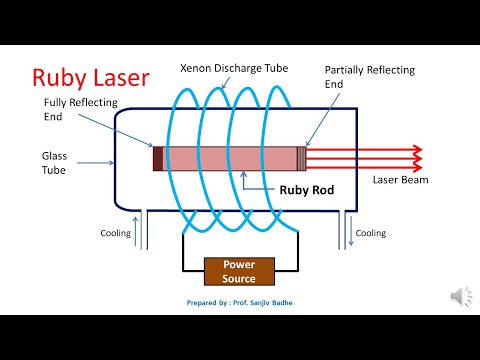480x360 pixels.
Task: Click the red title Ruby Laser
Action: click(x=91, y=77)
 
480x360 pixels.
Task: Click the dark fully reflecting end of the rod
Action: click(x=157, y=158)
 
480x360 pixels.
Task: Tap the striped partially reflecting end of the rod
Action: click(x=301, y=158)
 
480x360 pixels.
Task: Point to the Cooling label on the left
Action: click(x=115, y=233)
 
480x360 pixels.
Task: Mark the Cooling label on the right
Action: click(x=371, y=233)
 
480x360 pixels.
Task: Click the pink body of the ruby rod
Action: click(x=230, y=158)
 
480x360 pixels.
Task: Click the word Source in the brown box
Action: click(x=238, y=278)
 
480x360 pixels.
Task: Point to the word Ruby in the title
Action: click(x=59, y=77)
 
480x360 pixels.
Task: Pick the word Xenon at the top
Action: click(x=199, y=68)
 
